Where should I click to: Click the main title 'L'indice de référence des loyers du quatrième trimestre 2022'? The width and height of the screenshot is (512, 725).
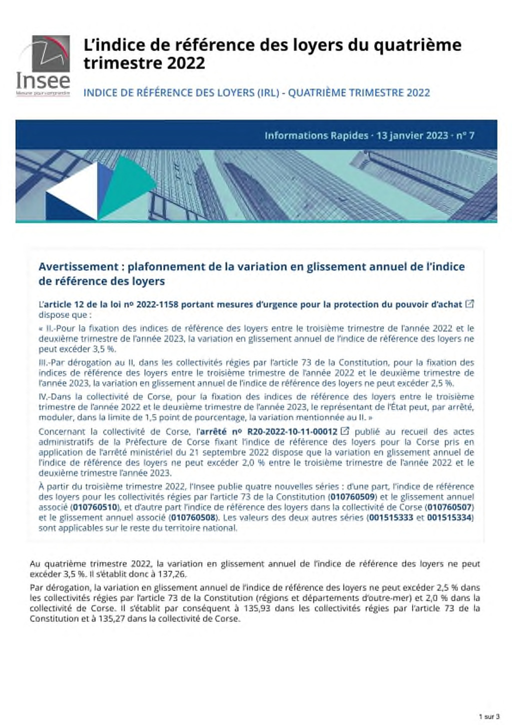click(x=272, y=54)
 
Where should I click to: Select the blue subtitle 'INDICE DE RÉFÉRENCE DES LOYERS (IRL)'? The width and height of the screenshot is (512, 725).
click(x=181, y=92)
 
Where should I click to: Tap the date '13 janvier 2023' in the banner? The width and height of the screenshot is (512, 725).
click(x=412, y=135)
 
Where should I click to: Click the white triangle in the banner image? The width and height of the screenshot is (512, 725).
click(x=75, y=192)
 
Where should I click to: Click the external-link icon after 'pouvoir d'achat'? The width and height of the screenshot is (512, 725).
click(x=469, y=303)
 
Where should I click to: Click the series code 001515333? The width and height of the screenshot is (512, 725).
click(x=390, y=517)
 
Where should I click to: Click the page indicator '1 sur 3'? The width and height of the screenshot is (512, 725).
click(x=485, y=716)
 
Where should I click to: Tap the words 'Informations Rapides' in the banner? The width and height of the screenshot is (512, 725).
click(x=316, y=135)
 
